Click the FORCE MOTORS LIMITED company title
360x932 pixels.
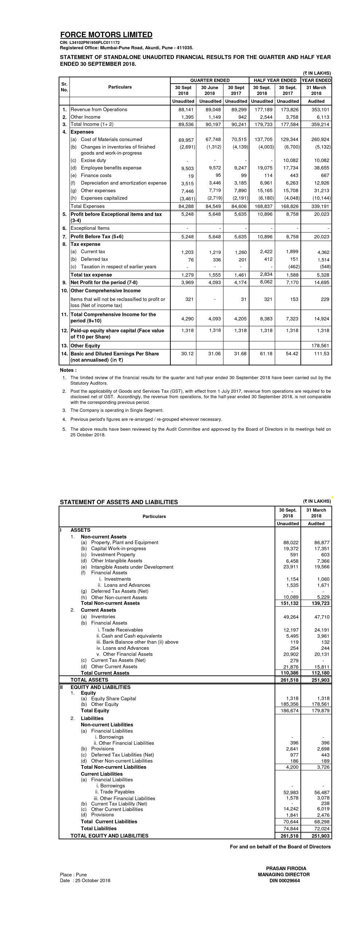[x=106, y=35]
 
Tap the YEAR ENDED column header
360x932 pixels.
[x=316, y=80]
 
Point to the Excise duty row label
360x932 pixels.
[x=93, y=160]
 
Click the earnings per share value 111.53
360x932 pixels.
[x=322, y=354]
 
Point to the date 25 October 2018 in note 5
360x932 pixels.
[x=88, y=435]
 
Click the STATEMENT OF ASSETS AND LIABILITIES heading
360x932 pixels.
[x=119, y=502]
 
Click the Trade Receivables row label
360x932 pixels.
[x=122, y=630]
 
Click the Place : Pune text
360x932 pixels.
[x=73, y=874]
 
